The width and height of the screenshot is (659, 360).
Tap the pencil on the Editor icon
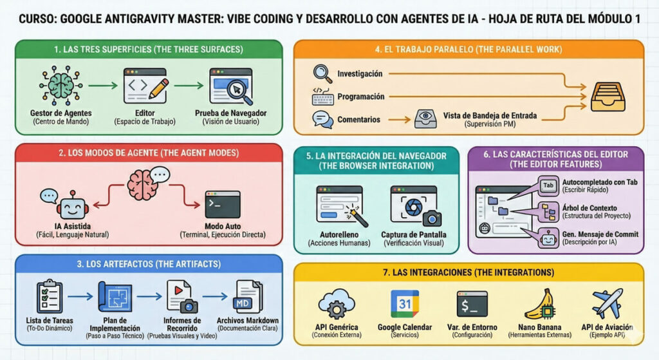point(158,88)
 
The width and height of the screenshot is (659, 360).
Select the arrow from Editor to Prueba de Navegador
point(188,84)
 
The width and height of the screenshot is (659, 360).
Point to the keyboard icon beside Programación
point(322,97)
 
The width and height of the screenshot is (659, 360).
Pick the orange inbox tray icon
point(608,97)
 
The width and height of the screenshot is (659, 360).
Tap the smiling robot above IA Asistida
point(71,206)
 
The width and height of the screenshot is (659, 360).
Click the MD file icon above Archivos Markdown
point(247,297)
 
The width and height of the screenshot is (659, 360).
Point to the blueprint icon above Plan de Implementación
point(115,297)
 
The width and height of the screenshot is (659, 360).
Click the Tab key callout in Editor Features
point(549,186)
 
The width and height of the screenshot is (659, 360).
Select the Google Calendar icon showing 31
point(404,304)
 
